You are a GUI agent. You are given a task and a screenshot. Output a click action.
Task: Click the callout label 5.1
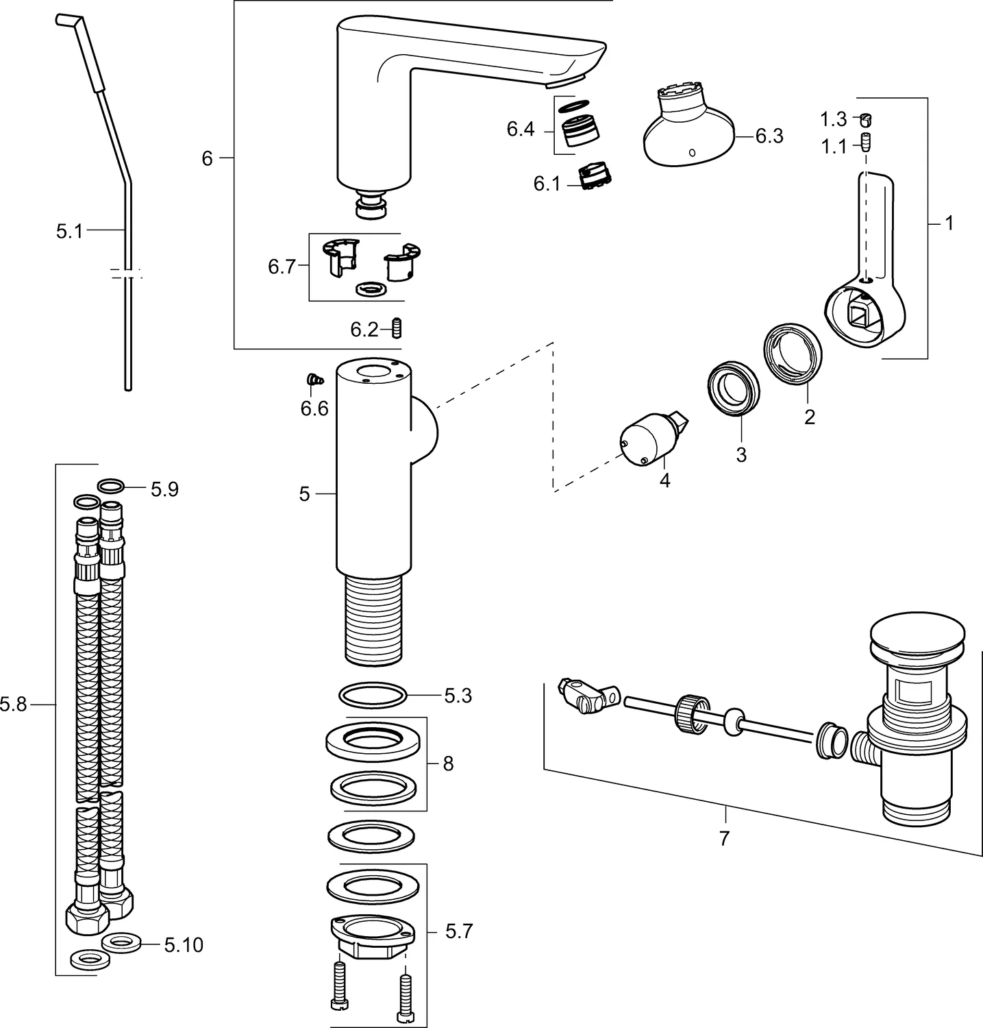[69, 232]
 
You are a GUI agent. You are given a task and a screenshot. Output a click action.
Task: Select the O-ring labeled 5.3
[373, 696]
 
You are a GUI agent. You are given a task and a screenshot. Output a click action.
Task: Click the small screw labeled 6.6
[314, 378]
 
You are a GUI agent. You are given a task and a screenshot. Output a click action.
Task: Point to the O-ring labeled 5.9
[112, 487]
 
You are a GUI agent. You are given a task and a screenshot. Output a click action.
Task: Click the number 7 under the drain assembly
[725, 837]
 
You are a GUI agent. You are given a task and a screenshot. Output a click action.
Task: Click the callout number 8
[448, 763]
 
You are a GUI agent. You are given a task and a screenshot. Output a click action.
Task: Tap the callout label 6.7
[282, 267]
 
